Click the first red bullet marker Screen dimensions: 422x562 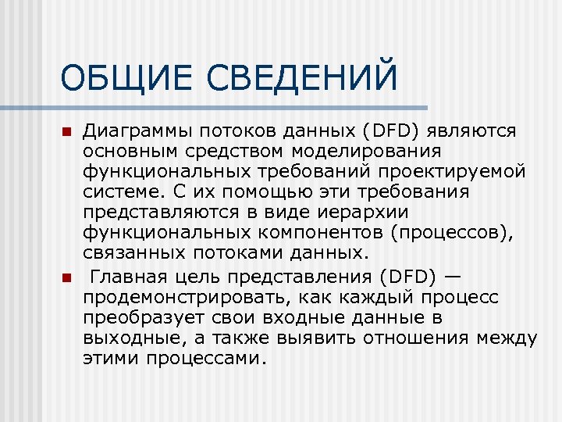click(x=67, y=131)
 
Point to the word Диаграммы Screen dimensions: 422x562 click(x=137, y=131)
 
